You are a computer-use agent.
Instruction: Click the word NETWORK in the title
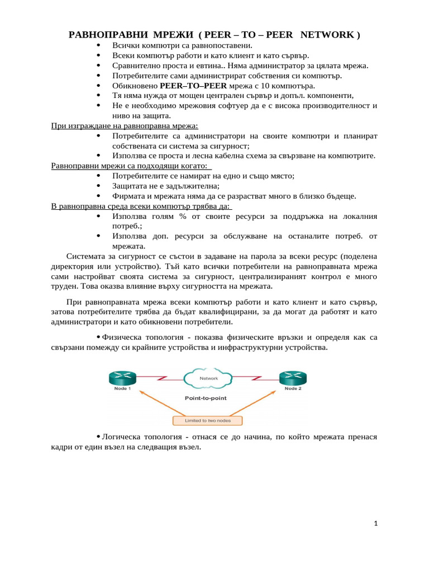[x=327, y=35]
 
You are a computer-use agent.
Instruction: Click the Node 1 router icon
[x=122, y=378]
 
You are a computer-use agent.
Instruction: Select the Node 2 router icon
[x=292, y=378]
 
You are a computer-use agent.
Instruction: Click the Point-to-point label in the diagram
[x=206, y=398]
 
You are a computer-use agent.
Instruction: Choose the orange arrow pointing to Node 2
[x=260, y=403]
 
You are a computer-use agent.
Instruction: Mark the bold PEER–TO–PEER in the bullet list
[x=193, y=86]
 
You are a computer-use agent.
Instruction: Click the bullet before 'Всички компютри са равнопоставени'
[x=99, y=45]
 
